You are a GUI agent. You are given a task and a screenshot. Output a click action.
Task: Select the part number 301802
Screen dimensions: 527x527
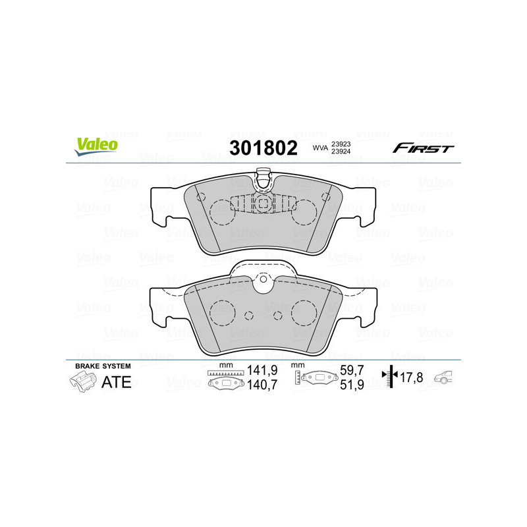(263, 148)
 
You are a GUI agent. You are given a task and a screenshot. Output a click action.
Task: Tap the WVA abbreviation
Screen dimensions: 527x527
(320, 149)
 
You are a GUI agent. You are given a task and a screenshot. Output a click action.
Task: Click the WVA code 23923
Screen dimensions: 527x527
(340, 144)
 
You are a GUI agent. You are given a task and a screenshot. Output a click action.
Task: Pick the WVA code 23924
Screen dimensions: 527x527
(340, 153)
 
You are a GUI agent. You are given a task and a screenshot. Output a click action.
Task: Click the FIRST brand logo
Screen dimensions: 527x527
(423, 148)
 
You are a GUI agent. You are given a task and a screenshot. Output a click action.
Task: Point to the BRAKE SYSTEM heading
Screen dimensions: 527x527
(103, 366)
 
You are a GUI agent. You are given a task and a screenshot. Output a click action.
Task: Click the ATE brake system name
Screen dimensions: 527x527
(117, 382)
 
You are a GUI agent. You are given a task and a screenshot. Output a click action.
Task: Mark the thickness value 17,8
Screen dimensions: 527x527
(412, 377)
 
